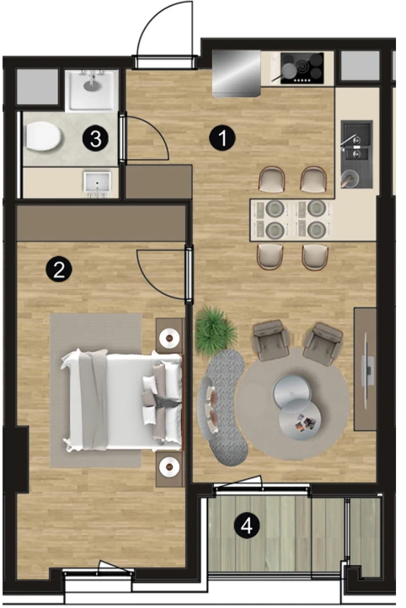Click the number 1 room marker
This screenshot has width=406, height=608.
(x=222, y=138)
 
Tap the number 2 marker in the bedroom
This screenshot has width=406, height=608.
(x=59, y=269)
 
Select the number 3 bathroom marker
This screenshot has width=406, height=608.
(x=95, y=138)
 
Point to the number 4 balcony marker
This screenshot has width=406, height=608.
(x=247, y=525)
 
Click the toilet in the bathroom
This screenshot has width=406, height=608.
(x=43, y=136)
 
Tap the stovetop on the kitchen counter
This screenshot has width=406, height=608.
(x=302, y=68)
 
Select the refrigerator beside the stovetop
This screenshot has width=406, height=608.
(x=237, y=73)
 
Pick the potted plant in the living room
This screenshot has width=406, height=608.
(x=216, y=330)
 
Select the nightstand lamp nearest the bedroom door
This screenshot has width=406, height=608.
(x=169, y=339)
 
